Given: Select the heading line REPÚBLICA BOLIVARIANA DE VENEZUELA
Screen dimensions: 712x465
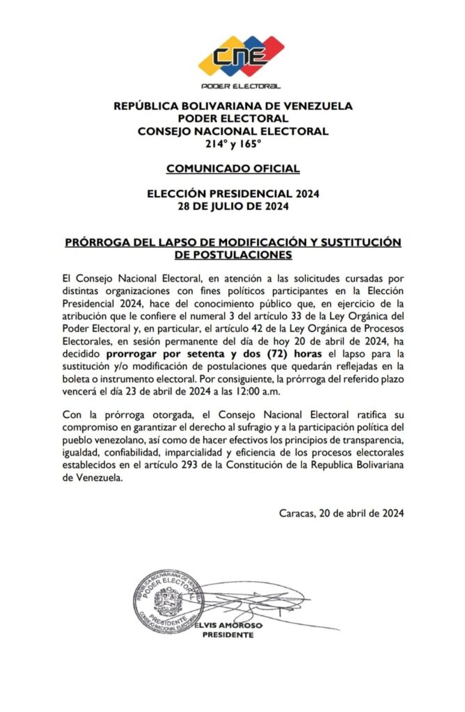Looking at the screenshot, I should (232, 106).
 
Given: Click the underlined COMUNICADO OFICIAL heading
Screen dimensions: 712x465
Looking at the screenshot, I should (232, 168).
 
